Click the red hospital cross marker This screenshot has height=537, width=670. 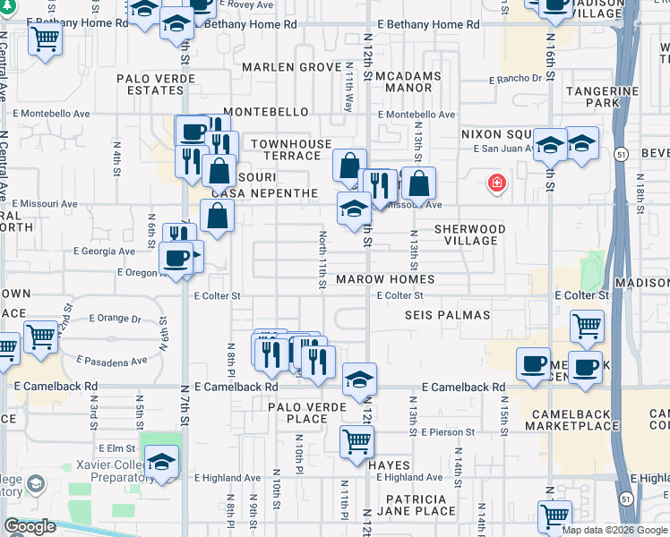pos(495,184)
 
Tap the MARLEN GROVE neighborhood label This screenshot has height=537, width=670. pos(291,68)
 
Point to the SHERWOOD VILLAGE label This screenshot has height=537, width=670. pos(470,234)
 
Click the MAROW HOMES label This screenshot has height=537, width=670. pos(385,279)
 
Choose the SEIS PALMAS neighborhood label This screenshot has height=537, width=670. pos(447,315)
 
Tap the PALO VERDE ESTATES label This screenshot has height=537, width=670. pos(150,84)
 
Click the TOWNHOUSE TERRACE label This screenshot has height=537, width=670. pos(285,149)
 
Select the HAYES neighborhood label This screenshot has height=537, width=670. pos(387,465)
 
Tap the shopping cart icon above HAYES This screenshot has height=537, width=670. pos(356,440)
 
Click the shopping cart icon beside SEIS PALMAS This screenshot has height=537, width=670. pos(586,326)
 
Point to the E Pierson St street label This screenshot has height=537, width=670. pos(446,432)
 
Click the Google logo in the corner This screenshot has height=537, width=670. pos(30,526)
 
